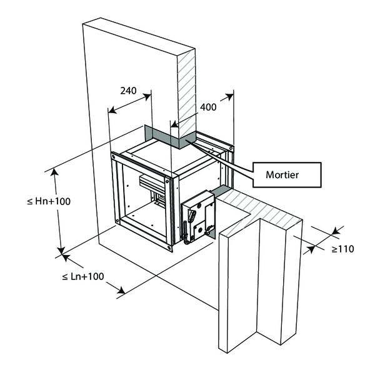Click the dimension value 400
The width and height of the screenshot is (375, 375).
point(208,107)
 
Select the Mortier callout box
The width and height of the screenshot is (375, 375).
point(287,174)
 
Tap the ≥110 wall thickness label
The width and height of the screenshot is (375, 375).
point(342,249)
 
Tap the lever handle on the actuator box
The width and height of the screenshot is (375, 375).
point(195,219)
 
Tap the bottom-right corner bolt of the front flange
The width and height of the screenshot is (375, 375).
point(170,248)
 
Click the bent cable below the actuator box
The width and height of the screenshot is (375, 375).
point(186,238)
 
